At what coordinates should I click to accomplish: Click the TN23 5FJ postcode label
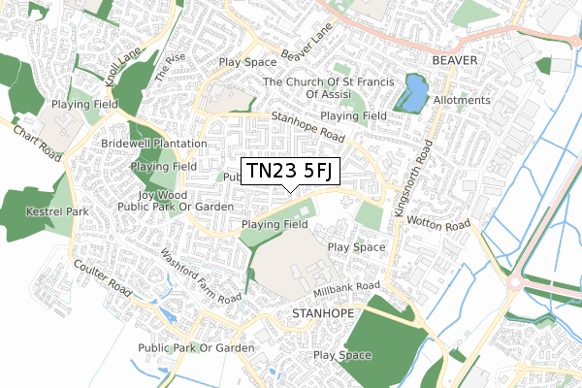(290, 171)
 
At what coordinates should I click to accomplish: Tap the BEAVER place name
(457, 60)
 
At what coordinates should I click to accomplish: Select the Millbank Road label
(346, 288)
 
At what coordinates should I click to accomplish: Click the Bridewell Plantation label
(154, 144)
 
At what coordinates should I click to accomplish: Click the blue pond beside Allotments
(414, 94)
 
